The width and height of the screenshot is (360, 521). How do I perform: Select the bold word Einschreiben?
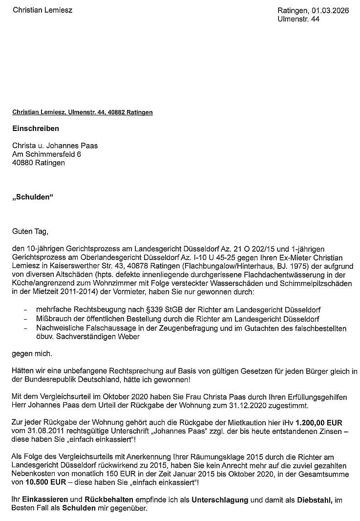point(36,129)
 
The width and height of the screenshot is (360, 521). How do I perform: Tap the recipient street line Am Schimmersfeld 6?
point(47,154)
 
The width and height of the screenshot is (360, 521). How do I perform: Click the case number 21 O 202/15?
point(218,249)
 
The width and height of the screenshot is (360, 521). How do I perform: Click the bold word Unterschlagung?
point(222,500)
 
